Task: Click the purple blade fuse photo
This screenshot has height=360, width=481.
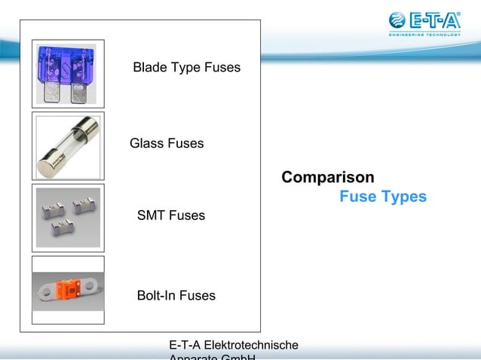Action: pos(68,72)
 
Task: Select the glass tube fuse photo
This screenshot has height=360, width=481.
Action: pos(68,145)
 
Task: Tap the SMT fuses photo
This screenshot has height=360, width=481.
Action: pos(68,218)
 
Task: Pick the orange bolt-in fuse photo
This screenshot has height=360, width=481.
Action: pos(68,290)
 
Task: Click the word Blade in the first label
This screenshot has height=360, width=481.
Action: pos(150,68)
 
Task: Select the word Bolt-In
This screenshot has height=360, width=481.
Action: pos(156,296)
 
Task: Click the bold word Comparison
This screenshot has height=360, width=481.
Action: pos(327,178)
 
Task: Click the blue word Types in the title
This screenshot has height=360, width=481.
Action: pos(403,197)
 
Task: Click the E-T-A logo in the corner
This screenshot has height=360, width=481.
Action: pos(424,20)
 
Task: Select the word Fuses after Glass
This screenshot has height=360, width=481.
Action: pos(185,143)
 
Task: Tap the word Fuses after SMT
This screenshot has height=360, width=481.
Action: pos(187,216)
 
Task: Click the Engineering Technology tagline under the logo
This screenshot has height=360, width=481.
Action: pos(424,33)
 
